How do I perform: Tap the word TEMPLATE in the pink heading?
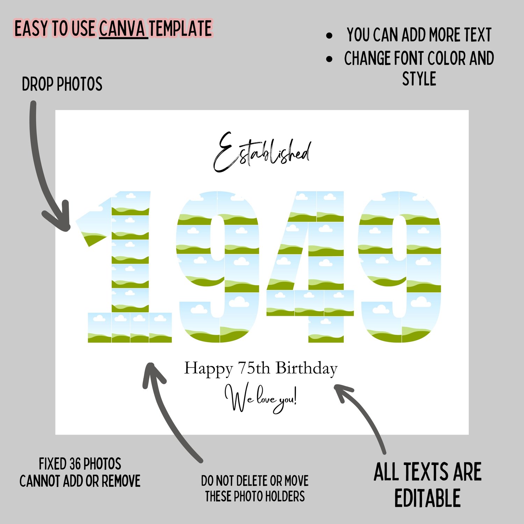181,29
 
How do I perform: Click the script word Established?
262,152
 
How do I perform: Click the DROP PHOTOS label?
62,84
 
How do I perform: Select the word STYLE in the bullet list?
419,79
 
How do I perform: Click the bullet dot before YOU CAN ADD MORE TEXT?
329,35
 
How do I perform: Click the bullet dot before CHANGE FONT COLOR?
329,59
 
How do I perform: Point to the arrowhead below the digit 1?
153,374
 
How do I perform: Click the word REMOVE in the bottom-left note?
121,481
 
